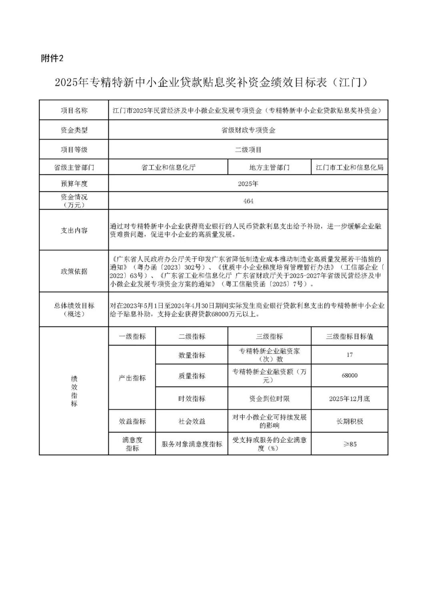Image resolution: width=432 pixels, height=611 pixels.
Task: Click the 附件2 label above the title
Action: click(x=52, y=58)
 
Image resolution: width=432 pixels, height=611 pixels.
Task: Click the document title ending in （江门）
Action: click(x=211, y=82)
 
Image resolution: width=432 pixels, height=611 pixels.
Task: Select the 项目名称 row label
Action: click(x=74, y=110)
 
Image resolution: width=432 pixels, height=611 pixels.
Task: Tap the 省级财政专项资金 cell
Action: click(x=248, y=130)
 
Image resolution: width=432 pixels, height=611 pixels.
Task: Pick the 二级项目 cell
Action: click(x=248, y=150)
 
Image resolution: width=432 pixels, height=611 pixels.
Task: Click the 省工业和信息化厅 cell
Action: click(x=168, y=167)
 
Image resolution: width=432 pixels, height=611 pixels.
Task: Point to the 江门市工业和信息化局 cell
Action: click(x=349, y=167)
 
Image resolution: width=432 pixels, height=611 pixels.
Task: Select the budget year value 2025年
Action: click(x=248, y=184)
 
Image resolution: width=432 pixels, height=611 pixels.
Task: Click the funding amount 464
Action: click(x=248, y=201)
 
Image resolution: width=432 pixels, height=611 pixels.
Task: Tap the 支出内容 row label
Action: click(x=74, y=230)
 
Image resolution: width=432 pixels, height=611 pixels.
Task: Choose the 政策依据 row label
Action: click(x=74, y=271)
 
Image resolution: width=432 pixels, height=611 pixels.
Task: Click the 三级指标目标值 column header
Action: click(x=349, y=337)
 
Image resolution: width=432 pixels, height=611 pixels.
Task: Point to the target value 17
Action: click(x=349, y=355)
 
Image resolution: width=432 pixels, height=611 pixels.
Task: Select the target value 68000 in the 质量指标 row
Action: click(x=349, y=376)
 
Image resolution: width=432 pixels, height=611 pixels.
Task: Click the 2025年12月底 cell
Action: click(x=349, y=399)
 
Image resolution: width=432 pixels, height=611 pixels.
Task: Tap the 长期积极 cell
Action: click(x=349, y=421)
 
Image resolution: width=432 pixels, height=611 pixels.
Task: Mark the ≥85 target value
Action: click(x=349, y=444)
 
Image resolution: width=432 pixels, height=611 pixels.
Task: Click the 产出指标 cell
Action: click(x=132, y=378)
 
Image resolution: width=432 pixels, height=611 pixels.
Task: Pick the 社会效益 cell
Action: click(x=192, y=421)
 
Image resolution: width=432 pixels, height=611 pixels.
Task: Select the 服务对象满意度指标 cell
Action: click(x=192, y=444)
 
